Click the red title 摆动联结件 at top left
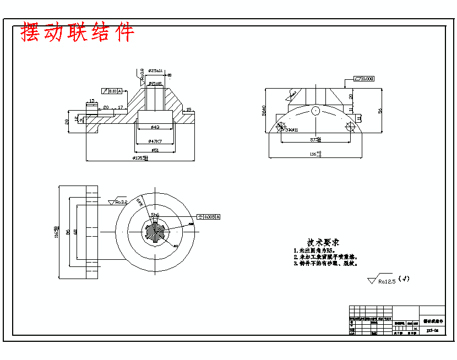pos(77,32)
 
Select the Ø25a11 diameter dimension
pos(155,71)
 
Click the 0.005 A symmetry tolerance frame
pos(208,217)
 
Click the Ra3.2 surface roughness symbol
pos(118,202)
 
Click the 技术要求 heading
pos(323,242)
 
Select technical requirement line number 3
pos(325,264)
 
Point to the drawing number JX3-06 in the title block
pos(432,330)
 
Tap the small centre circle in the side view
pos(315,111)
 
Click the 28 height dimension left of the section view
pos(67,121)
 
